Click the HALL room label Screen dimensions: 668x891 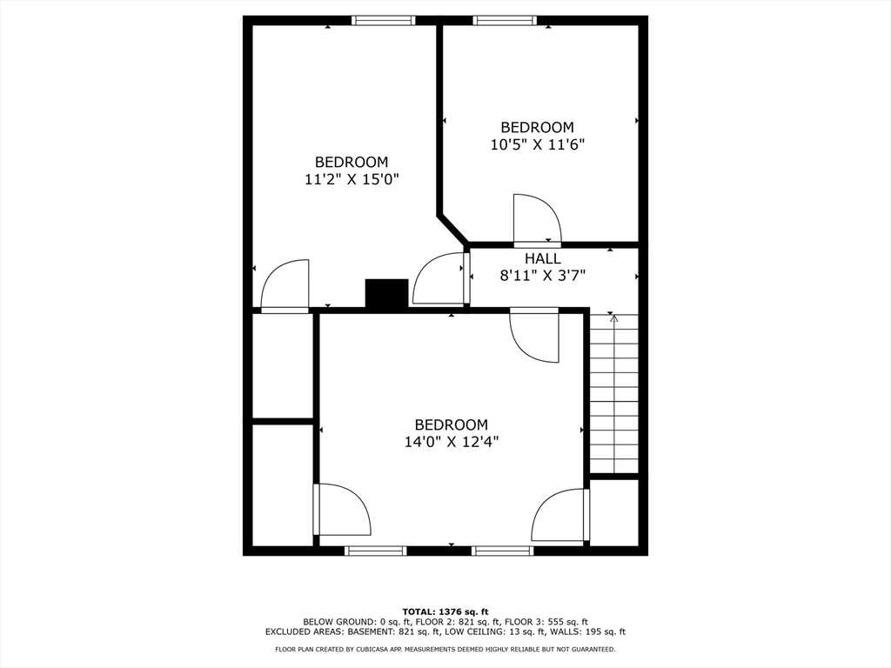pos(542,259)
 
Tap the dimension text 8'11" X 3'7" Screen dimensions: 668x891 pos(542,276)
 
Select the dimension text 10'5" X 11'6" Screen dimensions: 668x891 pos(537,145)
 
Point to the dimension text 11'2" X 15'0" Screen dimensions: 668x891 pos(351,179)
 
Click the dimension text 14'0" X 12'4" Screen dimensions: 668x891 pos(451,442)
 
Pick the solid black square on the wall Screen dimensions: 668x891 pos(386,293)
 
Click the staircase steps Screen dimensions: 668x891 pos(614,396)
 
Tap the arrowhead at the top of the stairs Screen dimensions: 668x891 pos(614,318)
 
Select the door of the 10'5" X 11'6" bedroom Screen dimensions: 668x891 pos(535,221)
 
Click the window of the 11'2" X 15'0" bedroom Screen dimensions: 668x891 pos(384,21)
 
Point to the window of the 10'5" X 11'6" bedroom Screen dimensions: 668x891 pos(505,21)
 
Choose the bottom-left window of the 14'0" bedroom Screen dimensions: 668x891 pos(376,551)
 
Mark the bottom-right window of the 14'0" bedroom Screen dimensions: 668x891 pos(502,551)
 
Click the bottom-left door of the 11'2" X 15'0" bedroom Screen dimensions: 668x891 pos(285,285)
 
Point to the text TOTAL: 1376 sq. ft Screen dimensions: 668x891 pos(445,611)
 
